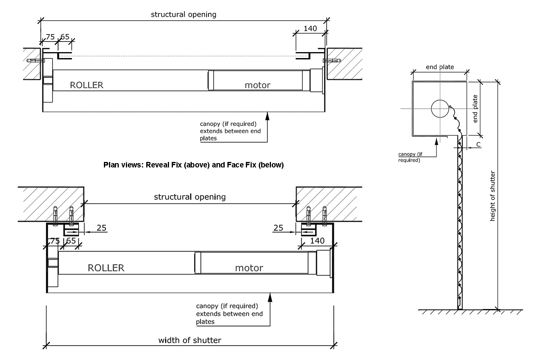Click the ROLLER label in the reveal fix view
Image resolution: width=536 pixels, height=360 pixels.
tap(86, 85)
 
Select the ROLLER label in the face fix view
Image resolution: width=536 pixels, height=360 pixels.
tap(106, 268)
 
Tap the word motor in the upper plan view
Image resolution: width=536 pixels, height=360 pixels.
tap(257, 85)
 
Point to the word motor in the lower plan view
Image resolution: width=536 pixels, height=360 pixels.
tap(249, 268)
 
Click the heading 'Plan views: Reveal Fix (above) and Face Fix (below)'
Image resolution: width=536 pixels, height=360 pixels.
tap(193, 165)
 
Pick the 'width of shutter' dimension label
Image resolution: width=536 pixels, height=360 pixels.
tap(190, 340)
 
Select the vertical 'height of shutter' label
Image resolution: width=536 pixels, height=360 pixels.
tap(493, 196)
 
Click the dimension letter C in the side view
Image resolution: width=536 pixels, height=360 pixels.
tap(478, 145)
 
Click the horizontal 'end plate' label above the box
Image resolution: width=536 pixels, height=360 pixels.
tap(440, 67)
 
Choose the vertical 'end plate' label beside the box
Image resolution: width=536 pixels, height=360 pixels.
tap(475, 109)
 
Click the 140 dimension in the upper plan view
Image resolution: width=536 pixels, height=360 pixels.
tap(310, 29)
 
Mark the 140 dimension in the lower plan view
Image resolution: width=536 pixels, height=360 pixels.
tap(317, 240)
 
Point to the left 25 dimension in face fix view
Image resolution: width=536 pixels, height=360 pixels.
tap(102, 228)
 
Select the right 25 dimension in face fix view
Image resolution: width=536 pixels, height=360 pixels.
tap(278, 228)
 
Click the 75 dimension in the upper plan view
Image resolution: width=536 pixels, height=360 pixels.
tap(50, 37)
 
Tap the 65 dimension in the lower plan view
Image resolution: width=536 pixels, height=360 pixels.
tap(71, 241)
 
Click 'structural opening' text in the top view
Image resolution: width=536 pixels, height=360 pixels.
tap(184, 15)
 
